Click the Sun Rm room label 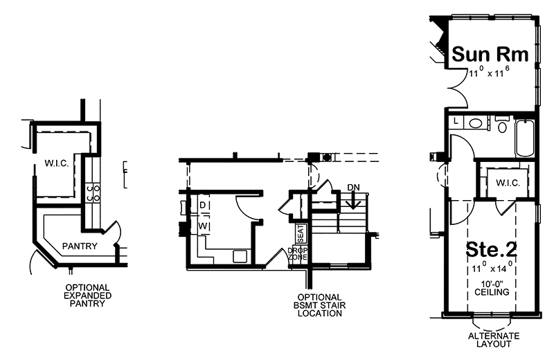click(491, 54)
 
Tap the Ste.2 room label click(492, 249)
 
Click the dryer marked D click(204, 206)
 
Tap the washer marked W click(204, 226)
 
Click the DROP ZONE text click(298, 253)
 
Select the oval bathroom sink click(475, 123)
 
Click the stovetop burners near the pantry click(92, 192)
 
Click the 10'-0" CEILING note click(491, 287)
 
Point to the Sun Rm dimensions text click(491, 71)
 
